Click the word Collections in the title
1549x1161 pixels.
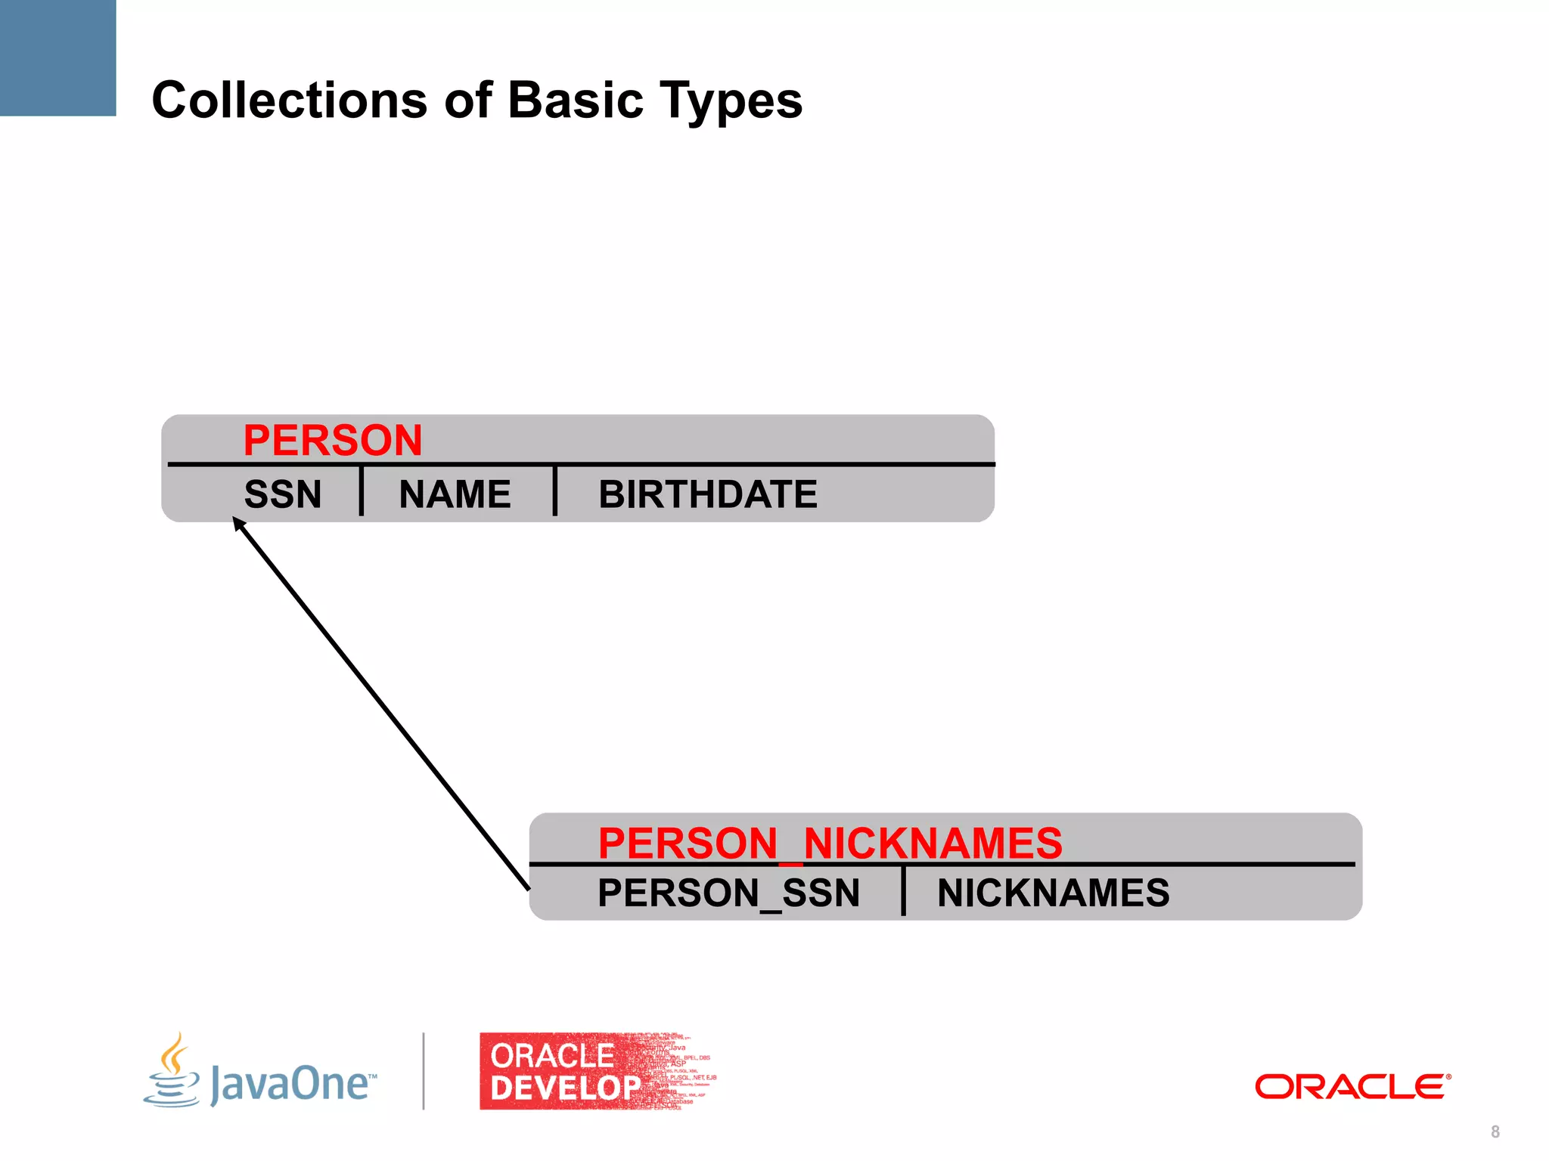290,100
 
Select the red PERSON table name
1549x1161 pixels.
332,440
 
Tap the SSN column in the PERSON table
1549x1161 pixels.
283,494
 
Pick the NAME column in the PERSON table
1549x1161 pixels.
455,494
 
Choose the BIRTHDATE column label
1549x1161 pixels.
708,494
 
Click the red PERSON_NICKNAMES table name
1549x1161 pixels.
830,843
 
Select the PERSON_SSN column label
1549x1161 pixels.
728,893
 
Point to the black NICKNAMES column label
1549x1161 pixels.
1053,893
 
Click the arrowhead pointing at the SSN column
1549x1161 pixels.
238,523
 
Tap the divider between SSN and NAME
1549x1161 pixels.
362,491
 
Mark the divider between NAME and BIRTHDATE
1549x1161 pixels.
555,491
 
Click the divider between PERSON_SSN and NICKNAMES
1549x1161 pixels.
903,891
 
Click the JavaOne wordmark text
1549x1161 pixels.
291,1084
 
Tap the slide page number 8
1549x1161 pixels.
1495,1132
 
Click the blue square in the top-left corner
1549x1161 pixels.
57,57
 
